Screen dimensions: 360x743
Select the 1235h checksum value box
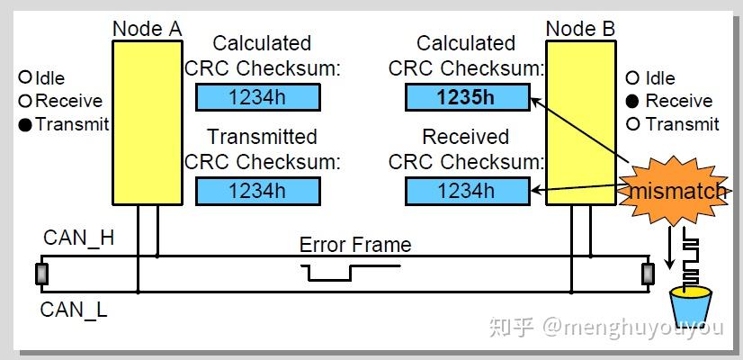(x=466, y=97)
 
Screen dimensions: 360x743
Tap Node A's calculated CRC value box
(x=257, y=97)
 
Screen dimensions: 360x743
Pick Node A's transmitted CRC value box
(x=257, y=190)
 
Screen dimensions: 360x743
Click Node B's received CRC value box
(x=466, y=190)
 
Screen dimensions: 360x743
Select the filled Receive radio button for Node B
(x=632, y=101)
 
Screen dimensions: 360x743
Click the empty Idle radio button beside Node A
(x=25, y=78)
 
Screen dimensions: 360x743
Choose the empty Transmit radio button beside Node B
(x=632, y=124)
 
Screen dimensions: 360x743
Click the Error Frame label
(x=355, y=245)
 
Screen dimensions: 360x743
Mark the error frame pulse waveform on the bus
(x=332, y=272)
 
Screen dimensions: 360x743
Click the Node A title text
(x=147, y=29)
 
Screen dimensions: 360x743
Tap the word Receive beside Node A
(x=68, y=101)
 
